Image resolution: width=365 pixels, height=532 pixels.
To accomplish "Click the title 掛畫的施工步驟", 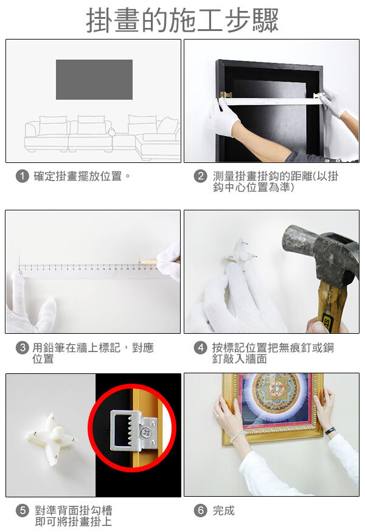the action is point(182,20).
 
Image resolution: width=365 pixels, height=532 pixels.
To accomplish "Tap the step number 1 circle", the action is point(23,176).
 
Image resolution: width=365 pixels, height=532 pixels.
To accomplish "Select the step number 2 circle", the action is point(201,176).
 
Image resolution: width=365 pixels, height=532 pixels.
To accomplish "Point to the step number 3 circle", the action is point(23,348).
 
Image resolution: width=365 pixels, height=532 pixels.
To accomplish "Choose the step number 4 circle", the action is point(201,348).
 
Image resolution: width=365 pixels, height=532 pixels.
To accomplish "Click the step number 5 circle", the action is point(23,511).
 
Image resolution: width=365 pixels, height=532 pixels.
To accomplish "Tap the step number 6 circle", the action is point(201,511).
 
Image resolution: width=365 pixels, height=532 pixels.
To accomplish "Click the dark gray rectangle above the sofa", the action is point(94,80).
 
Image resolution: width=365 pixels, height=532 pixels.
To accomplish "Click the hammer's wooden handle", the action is point(331,305).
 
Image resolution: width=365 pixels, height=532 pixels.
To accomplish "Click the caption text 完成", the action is point(224,511).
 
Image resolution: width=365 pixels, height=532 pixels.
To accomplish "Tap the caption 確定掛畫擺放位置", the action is point(78,176).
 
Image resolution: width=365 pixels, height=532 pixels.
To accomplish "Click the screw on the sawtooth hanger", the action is point(147,431).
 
